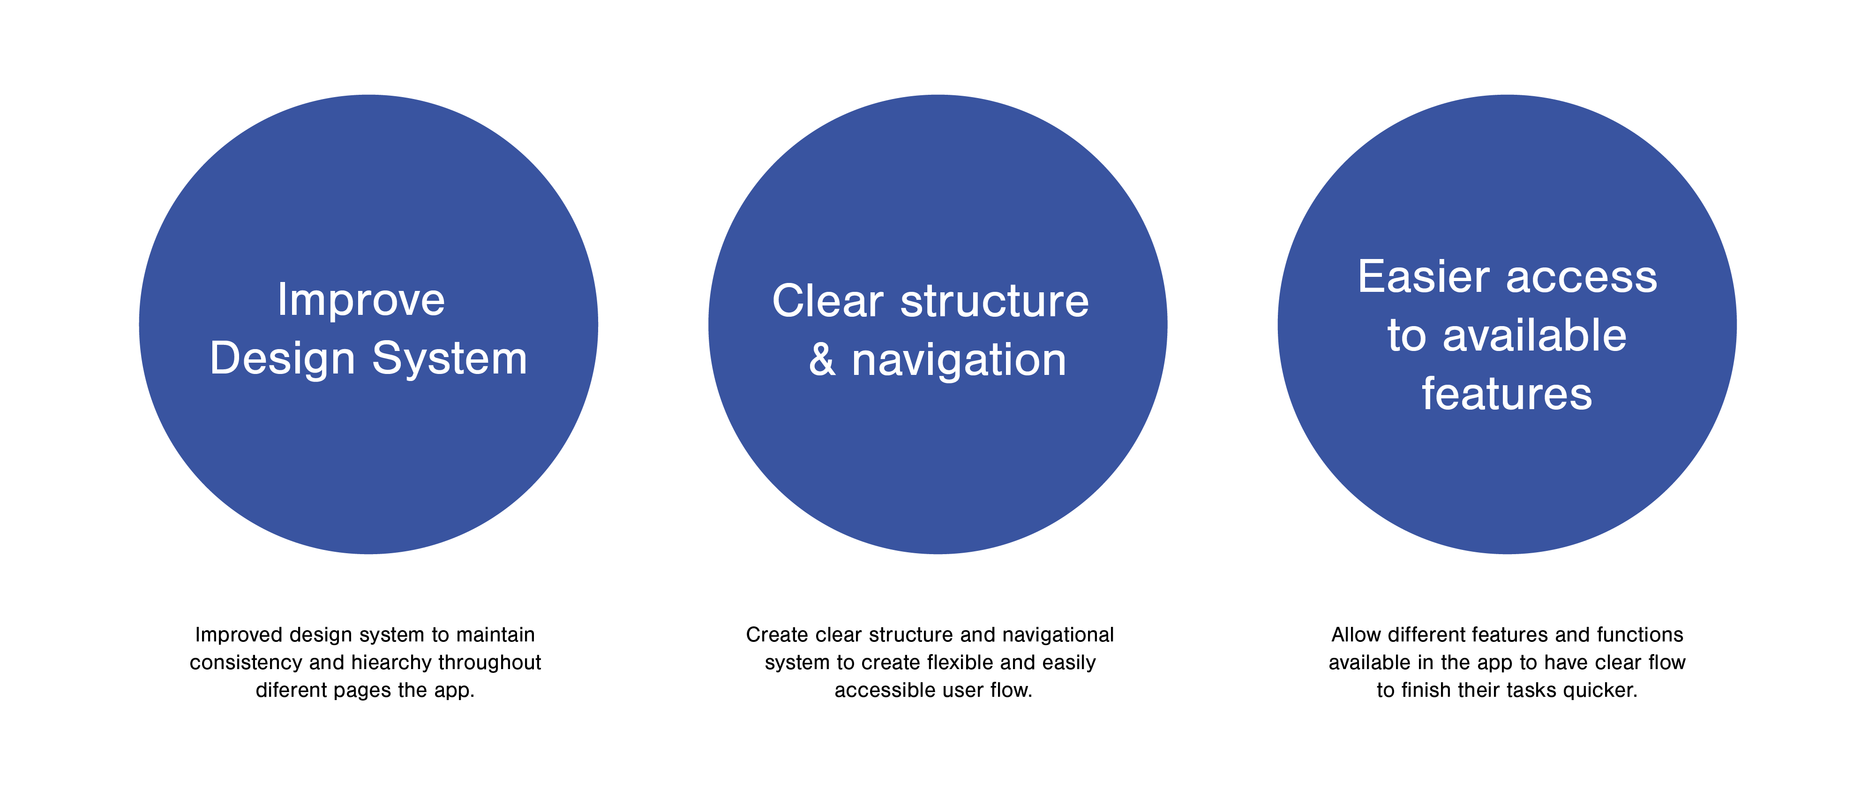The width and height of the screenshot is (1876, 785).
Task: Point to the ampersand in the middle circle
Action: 822,360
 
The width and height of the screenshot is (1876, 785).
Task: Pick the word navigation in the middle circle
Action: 959,360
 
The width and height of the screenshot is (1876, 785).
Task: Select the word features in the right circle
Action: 1507,394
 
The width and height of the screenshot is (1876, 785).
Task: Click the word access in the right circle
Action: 1582,278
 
